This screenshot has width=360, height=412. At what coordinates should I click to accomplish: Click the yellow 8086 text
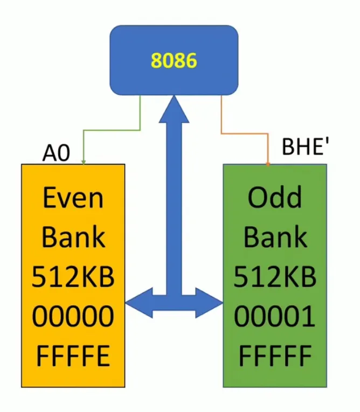coord(174,61)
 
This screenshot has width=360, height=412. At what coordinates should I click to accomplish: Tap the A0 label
coord(56,155)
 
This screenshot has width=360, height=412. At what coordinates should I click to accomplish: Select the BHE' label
coord(306,146)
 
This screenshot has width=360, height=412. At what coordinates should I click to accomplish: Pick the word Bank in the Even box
coord(73,238)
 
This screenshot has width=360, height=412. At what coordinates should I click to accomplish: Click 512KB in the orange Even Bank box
coord(73,277)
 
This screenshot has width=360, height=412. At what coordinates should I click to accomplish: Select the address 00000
coord(73,317)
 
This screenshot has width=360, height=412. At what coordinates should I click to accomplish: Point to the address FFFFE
coord(73,356)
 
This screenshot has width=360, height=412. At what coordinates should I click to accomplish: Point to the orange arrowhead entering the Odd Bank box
coord(268,162)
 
